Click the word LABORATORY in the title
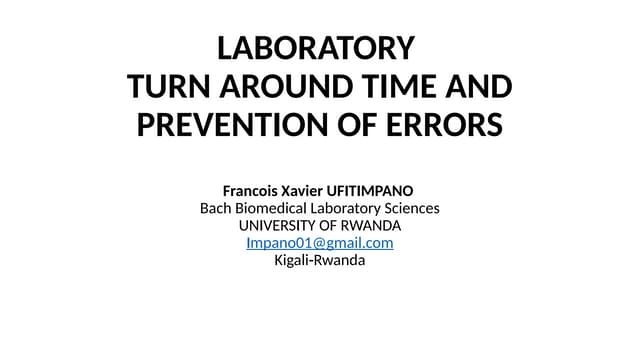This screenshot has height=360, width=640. coord(316,48)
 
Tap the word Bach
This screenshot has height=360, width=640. coord(216,208)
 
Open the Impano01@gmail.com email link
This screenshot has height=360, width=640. coord(319,243)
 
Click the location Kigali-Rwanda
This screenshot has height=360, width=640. coord(320,260)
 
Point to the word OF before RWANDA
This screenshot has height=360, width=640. coord(331,225)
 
